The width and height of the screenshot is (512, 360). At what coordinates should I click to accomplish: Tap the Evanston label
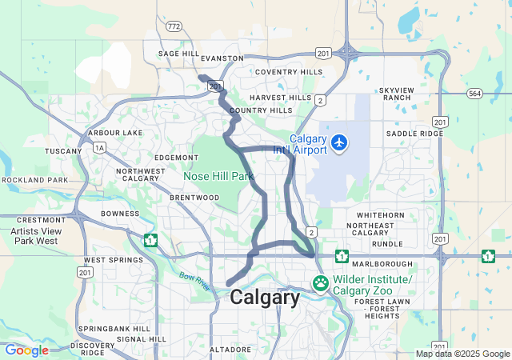pos(222,58)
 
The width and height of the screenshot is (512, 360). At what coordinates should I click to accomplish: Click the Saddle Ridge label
pos(414,133)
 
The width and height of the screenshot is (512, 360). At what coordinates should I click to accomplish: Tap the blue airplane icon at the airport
pos(340,142)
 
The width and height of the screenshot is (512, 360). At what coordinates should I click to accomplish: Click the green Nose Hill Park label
pos(218,175)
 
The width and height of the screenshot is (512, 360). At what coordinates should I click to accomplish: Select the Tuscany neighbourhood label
pos(63,150)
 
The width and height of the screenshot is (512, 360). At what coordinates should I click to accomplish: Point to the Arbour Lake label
pos(115,132)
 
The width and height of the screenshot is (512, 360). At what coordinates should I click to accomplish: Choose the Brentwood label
pos(194,197)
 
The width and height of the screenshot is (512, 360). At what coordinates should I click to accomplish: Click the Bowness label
pos(120,214)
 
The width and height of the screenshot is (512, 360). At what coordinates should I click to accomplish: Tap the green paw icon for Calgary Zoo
pos(320,282)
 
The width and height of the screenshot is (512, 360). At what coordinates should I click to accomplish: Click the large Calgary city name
pos(265,298)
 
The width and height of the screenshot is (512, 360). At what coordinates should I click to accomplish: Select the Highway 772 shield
pos(174,26)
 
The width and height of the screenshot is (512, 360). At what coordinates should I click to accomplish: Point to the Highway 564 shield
pos(474,93)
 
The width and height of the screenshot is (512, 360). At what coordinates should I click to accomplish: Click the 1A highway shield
pos(99,147)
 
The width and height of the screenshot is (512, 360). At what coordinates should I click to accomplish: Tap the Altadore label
pos(231,350)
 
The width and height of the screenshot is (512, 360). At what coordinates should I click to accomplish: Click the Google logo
pos(26,350)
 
